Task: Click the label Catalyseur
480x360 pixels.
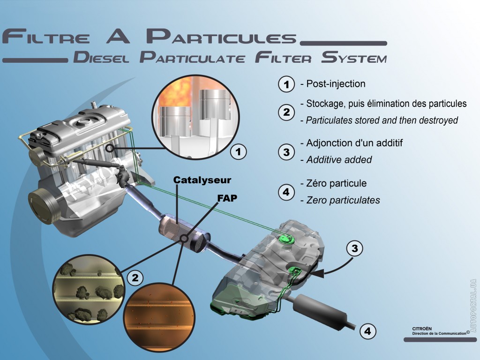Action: pyautogui.click(x=202, y=180)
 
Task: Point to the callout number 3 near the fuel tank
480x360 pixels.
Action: pyautogui.click(x=355, y=248)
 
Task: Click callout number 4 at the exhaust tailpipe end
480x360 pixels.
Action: pyautogui.click(x=367, y=331)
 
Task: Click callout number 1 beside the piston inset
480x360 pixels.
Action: pyautogui.click(x=239, y=151)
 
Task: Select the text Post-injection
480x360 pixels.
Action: pyautogui.click(x=335, y=84)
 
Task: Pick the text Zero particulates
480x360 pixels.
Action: pyautogui.click(x=343, y=200)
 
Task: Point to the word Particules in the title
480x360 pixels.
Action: pyautogui.click(x=221, y=37)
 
